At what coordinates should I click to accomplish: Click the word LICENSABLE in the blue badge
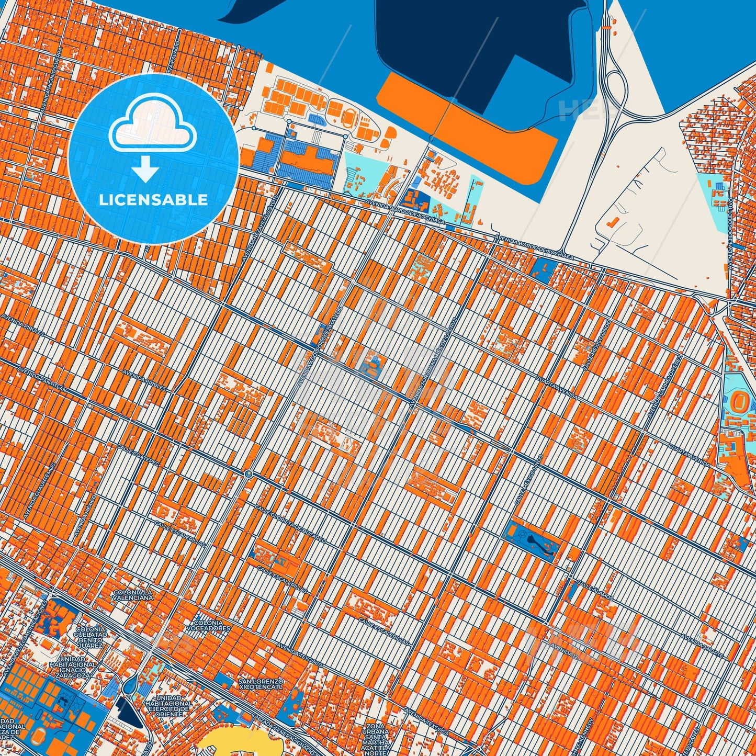[153, 200]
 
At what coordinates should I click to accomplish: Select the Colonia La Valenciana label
[133, 594]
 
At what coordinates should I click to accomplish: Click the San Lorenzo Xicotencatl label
[261, 684]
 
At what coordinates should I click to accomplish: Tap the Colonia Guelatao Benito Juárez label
[88, 638]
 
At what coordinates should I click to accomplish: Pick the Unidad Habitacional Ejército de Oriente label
[168, 706]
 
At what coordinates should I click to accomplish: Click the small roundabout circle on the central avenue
[249, 474]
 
